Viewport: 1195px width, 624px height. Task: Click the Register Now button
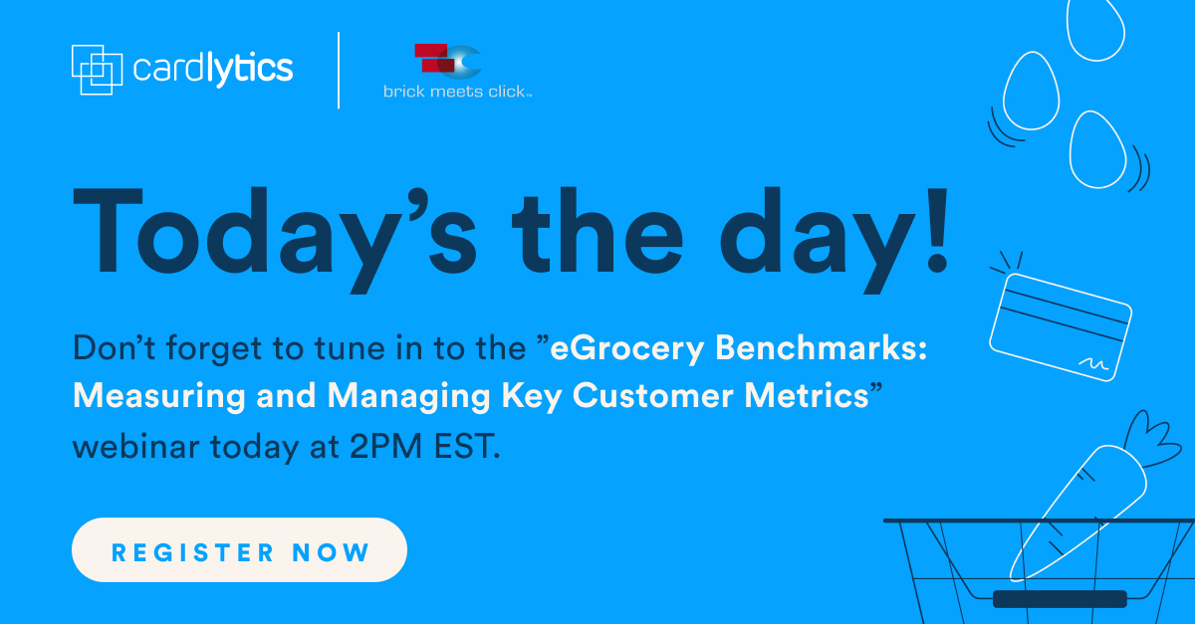(240, 550)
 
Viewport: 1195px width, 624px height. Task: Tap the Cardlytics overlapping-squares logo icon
(98, 70)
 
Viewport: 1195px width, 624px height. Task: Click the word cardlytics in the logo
(213, 70)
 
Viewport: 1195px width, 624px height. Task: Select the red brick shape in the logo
(433, 58)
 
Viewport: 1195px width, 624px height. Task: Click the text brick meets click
(457, 92)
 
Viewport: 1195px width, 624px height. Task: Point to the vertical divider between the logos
(339, 71)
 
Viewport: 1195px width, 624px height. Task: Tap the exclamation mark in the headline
(937, 230)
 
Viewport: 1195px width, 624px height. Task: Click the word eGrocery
(627, 349)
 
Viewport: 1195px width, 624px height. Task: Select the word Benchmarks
(821, 347)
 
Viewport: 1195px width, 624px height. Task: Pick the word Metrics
(807, 396)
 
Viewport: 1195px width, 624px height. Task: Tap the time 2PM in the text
(385, 447)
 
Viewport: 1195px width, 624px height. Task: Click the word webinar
(136, 446)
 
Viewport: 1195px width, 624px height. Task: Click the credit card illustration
(1061, 327)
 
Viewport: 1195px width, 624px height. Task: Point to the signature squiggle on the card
(1093, 364)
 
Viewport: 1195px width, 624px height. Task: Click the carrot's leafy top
(1151, 439)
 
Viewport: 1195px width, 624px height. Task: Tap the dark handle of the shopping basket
(1060, 599)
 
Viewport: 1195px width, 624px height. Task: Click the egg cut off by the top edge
(1095, 28)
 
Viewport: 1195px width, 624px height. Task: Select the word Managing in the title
(408, 397)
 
